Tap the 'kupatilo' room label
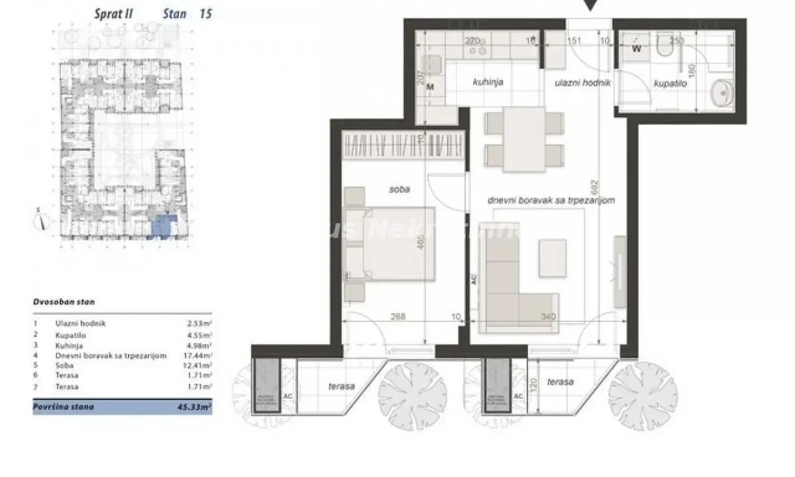click(669, 85)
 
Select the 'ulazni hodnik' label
click(582, 83)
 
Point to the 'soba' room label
click(399, 189)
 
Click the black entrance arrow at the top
click(591, 6)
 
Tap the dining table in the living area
click(524, 138)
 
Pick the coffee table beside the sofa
click(553, 258)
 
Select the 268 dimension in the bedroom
click(397, 317)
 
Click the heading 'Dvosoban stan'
click(64, 301)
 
